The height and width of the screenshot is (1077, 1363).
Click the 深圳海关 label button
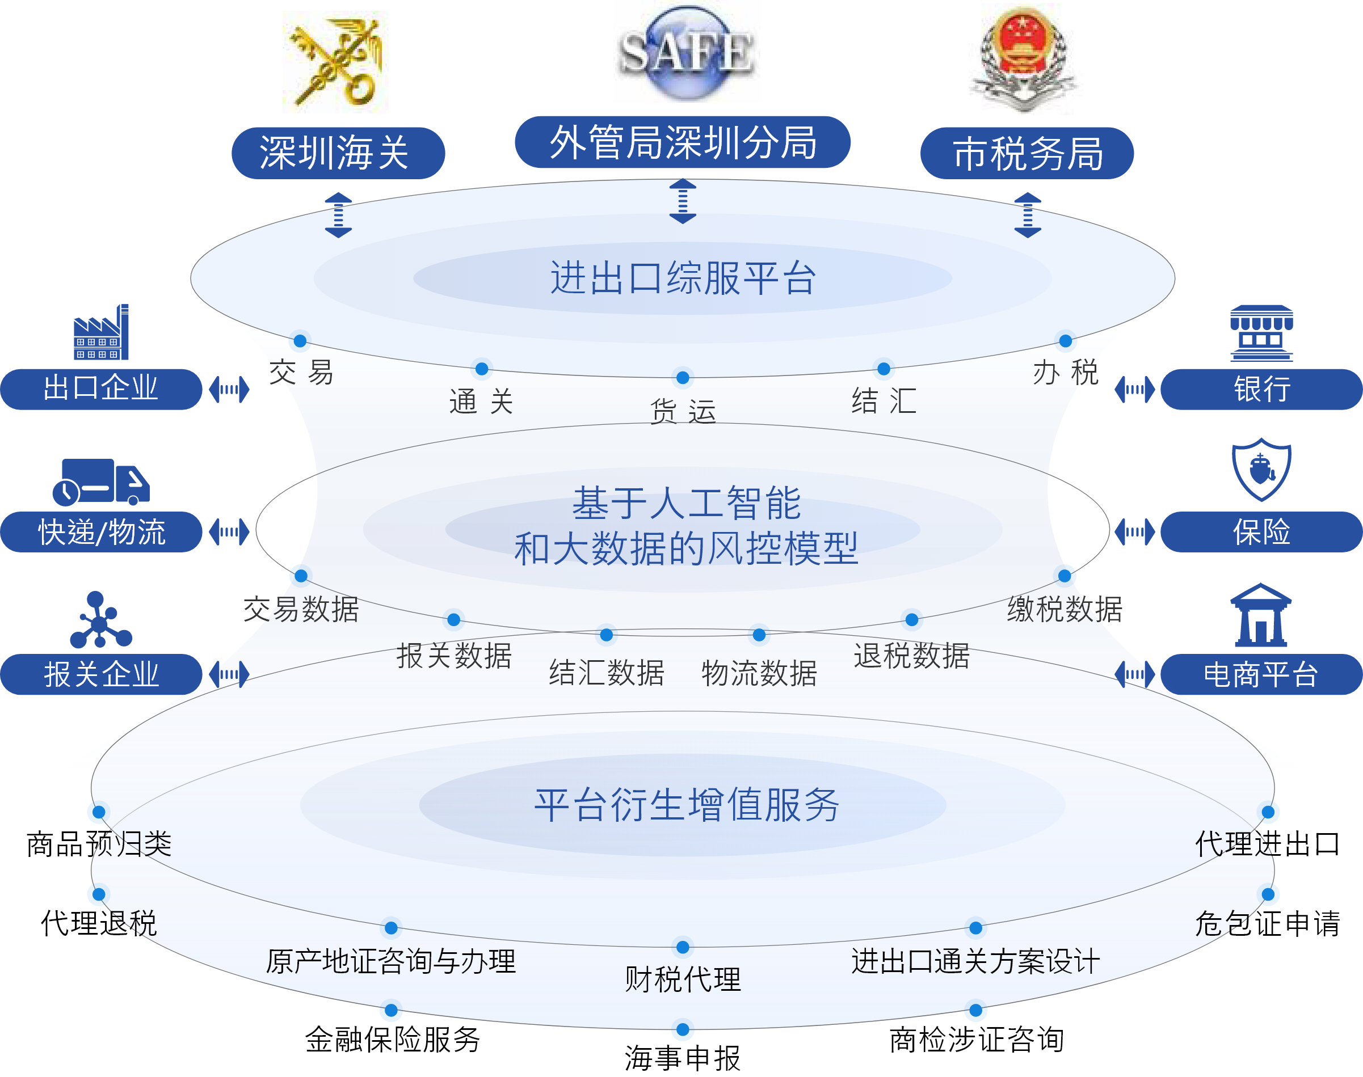click(x=338, y=153)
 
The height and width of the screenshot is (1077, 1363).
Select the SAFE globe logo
click(x=686, y=52)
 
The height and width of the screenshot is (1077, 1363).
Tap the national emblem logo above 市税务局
click(x=1019, y=58)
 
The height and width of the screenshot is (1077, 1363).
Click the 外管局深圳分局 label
click(x=683, y=142)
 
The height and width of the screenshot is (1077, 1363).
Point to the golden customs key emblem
click(x=335, y=62)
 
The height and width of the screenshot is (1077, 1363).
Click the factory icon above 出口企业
click(x=101, y=333)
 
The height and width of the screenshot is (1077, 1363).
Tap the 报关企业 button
click(x=101, y=674)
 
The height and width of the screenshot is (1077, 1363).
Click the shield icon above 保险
click(x=1261, y=470)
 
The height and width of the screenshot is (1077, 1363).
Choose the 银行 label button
click(x=1261, y=389)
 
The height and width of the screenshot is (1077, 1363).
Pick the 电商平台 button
click(x=1261, y=674)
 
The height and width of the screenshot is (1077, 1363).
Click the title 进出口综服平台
click(x=683, y=278)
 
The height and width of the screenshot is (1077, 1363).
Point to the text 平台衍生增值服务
click(x=686, y=805)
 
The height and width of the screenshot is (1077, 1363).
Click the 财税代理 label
click(x=683, y=979)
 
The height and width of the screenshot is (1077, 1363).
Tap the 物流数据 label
click(x=759, y=673)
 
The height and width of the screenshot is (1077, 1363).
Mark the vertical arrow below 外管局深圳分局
click(x=683, y=202)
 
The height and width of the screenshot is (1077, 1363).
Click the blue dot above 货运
click(x=683, y=379)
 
